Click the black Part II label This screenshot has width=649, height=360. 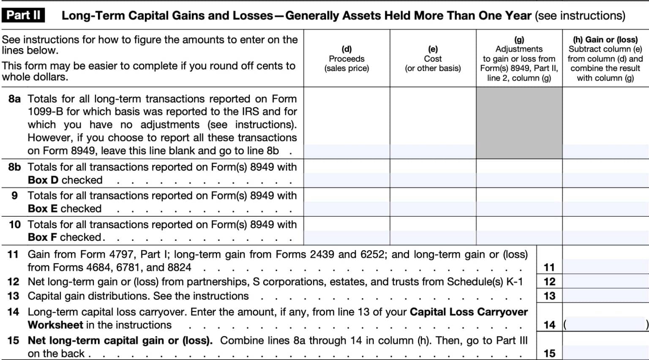pos(24,15)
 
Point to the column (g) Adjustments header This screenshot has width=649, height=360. pos(519,59)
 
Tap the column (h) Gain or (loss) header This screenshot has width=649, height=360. pos(605,59)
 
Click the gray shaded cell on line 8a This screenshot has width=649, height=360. pos(519,123)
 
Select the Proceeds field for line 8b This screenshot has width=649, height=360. pos(346,180)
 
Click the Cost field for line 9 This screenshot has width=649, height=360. pos(433,209)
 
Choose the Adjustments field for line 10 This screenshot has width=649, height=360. pos(519,237)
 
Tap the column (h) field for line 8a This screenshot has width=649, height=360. pos(605,151)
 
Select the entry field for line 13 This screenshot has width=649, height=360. pos(605,296)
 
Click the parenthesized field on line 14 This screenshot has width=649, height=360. pos(605,325)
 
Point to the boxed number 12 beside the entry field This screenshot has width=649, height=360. pos(549,282)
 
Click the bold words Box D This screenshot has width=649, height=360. pos(43,180)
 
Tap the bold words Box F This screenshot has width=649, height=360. pos(43,237)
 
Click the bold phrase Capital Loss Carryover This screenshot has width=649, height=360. pos(469,312)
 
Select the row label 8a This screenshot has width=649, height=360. pos(14,99)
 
